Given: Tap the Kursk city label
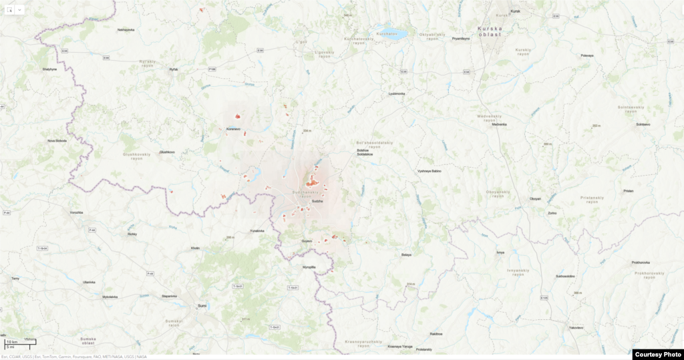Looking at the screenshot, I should [514, 11].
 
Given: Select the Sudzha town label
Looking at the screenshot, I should [317, 201].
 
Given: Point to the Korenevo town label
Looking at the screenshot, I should [233, 128].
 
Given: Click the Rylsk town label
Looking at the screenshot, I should [174, 69].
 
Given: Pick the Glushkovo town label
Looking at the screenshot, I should [167, 152].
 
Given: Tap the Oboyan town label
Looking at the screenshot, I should [535, 198].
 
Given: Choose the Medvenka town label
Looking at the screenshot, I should [499, 124].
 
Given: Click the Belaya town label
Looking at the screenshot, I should [406, 254].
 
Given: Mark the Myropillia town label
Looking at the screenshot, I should [309, 266].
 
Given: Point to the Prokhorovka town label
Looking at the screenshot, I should [641, 262].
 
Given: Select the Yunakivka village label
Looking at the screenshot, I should [257, 230].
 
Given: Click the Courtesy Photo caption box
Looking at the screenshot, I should [657, 355].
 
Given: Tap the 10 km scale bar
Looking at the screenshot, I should [19, 342].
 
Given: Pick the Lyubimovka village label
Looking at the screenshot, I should [397, 94].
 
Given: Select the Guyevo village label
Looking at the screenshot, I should [307, 240].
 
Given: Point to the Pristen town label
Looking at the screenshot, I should [628, 191].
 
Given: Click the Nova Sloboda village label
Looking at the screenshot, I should [57, 140].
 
